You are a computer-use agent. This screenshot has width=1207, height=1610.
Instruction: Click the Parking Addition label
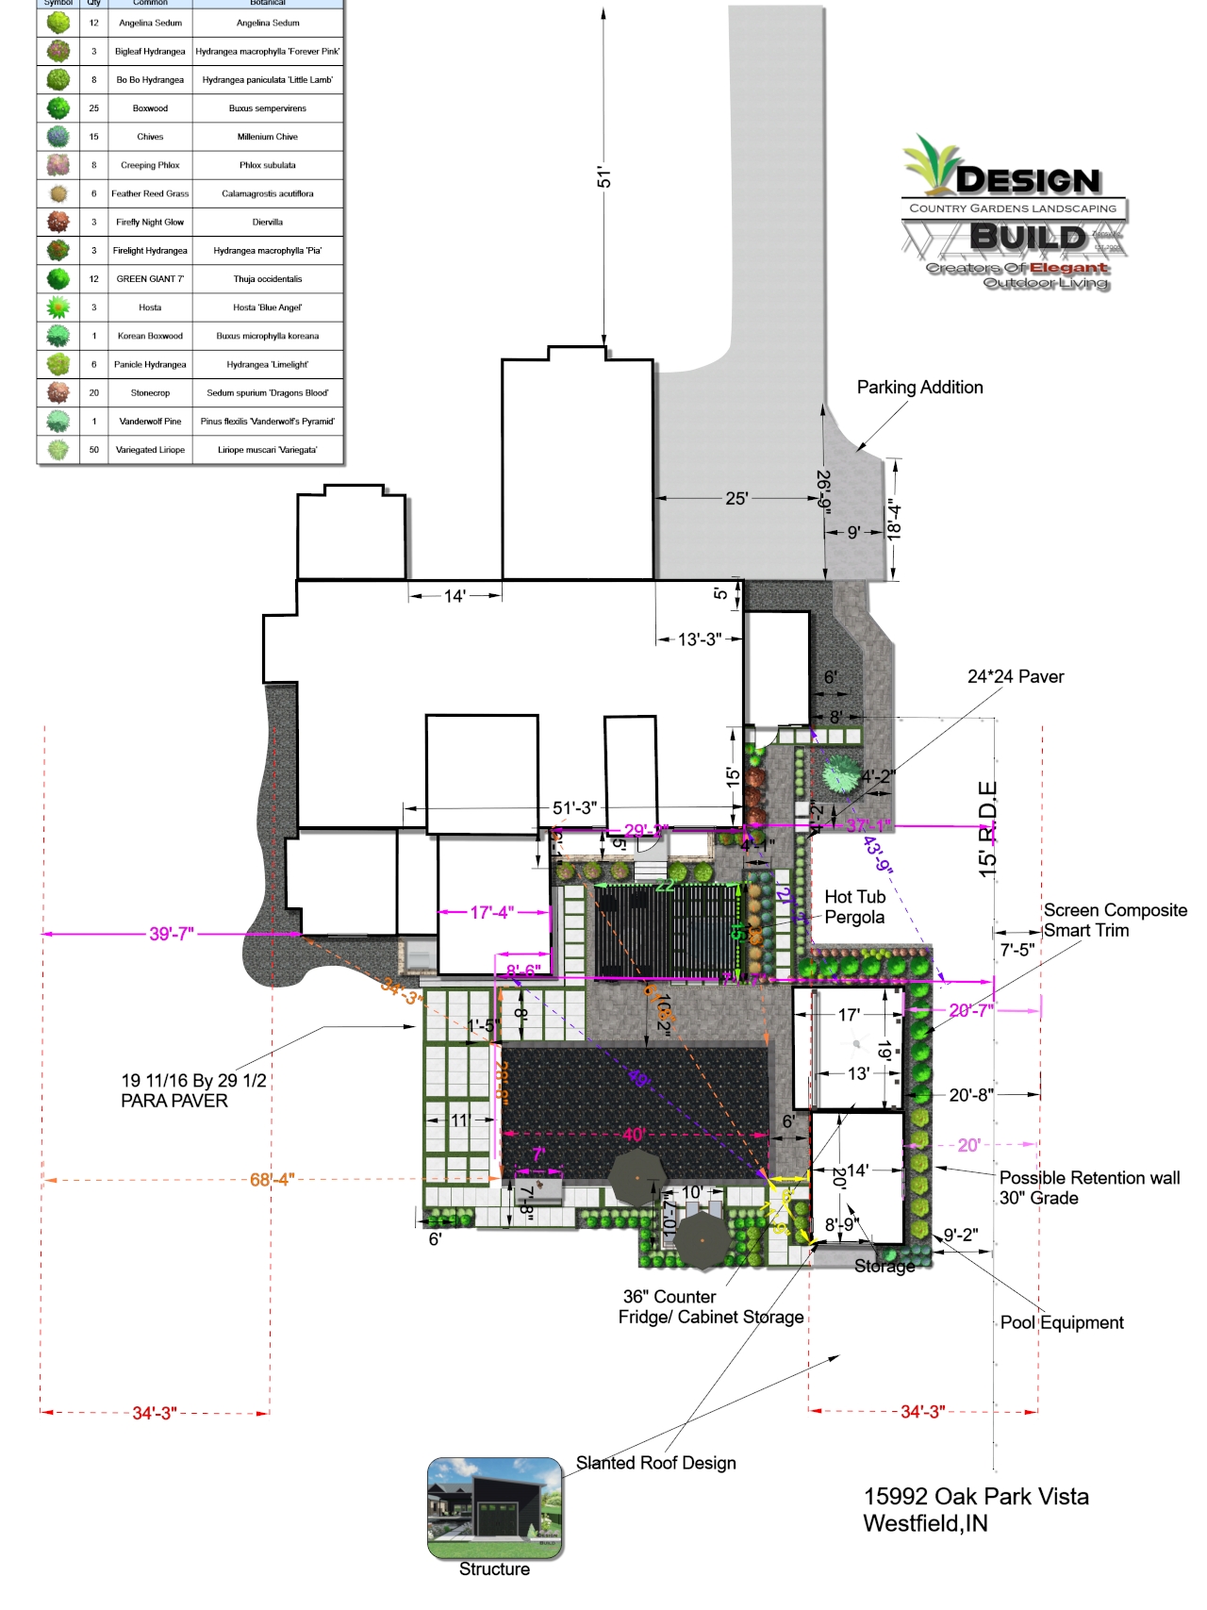pyautogui.click(x=919, y=387)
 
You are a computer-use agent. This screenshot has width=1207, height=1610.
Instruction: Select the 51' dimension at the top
pyautogui.click(x=604, y=177)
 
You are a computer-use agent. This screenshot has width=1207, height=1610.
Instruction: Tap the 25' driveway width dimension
pyautogui.click(x=736, y=498)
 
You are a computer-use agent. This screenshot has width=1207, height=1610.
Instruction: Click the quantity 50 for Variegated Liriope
pyautogui.click(x=93, y=450)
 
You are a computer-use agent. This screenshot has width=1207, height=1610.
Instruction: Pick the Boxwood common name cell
pyautogui.click(x=150, y=108)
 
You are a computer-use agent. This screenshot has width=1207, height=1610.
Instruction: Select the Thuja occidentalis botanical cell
pyautogui.click(x=268, y=279)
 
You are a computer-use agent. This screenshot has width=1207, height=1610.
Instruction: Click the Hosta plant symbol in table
pyautogui.click(x=58, y=307)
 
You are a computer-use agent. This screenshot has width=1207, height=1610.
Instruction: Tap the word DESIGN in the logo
pyautogui.click(x=1028, y=180)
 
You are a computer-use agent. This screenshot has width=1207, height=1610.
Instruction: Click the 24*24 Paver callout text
pyautogui.click(x=1016, y=676)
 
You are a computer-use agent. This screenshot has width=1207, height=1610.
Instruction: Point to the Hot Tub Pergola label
pyautogui.click(x=854, y=906)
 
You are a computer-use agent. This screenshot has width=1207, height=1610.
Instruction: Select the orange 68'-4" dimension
pyautogui.click(x=273, y=1179)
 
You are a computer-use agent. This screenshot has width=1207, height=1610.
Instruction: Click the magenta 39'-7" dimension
pyautogui.click(x=172, y=934)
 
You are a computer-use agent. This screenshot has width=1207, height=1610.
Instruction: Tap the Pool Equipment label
pyautogui.click(x=1062, y=1322)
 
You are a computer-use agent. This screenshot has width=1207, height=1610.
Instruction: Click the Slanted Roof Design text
pyautogui.click(x=656, y=1463)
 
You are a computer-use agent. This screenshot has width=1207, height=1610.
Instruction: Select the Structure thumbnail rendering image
pyautogui.click(x=495, y=1507)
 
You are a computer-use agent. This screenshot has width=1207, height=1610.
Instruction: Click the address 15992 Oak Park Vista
pyautogui.click(x=976, y=1497)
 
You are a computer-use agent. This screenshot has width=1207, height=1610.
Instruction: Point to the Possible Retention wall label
pyautogui.click(x=1089, y=1187)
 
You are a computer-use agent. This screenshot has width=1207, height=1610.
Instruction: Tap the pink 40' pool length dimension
pyautogui.click(x=633, y=1135)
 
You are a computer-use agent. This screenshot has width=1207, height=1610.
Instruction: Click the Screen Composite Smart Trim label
pyautogui.click(x=1115, y=920)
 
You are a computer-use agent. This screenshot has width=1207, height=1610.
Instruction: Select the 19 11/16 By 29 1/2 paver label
pyautogui.click(x=193, y=1090)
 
